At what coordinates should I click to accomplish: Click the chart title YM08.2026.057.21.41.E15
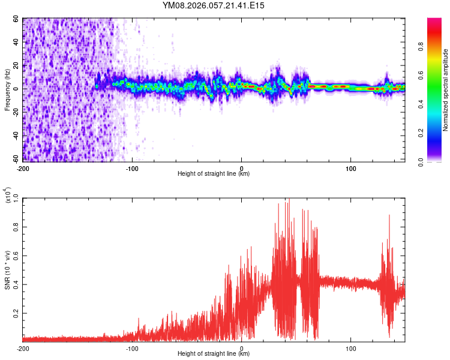coord(214,5)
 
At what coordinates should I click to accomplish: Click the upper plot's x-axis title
coord(214,173)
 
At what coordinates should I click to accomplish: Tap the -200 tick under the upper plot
coord(23,167)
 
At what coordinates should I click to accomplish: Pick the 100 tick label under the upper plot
coord(350,167)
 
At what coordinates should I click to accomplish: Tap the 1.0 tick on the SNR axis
coord(16,197)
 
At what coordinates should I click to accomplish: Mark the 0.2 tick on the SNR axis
coord(16,313)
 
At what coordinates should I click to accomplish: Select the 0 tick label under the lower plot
coord(241,347)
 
